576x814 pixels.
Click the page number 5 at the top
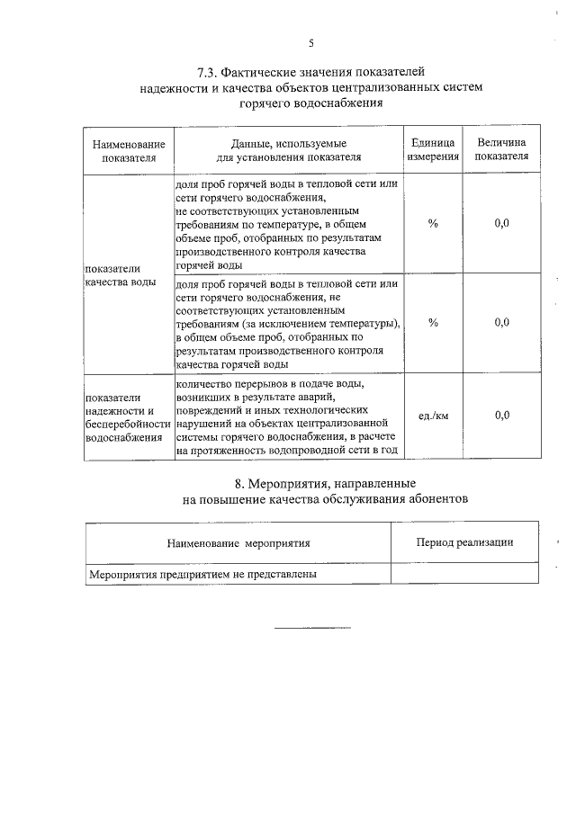tap(311, 43)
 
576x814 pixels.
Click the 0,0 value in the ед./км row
tap(501, 416)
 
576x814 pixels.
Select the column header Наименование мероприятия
tap(238, 543)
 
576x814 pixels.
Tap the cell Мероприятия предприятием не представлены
tap(202, 573)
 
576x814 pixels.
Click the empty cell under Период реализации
tap(464, 573)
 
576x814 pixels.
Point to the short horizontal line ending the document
tap(311, 626)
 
